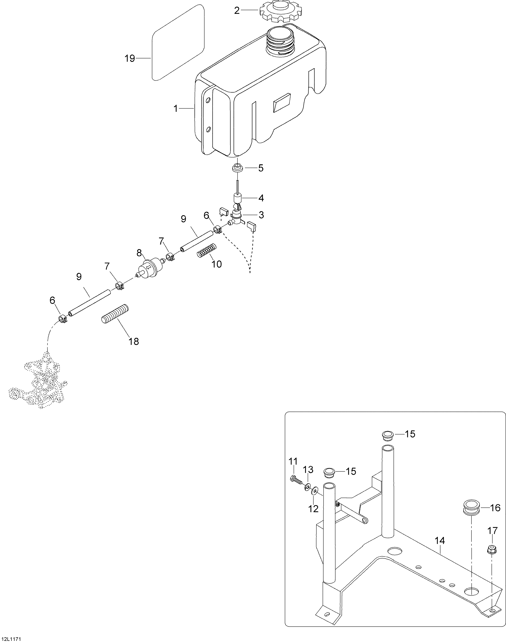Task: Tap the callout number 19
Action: [130, 59]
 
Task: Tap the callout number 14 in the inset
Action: [440, 541]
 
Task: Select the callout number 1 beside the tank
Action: [175, 109]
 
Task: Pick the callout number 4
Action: [261, 198]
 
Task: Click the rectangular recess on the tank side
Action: [283, 102]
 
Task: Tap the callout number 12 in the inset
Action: [313, 509]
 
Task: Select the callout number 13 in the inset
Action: [308, 469]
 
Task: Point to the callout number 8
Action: [139, 253]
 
